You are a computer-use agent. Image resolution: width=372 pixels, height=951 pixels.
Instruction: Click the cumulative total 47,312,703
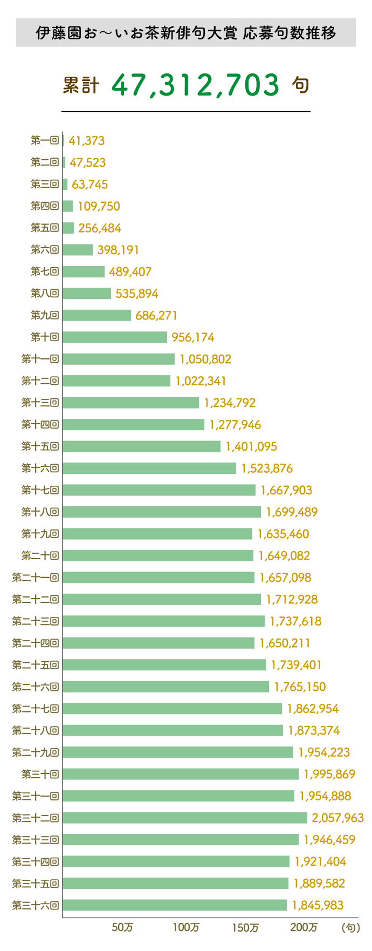pyautogui.click(x=196, y=85)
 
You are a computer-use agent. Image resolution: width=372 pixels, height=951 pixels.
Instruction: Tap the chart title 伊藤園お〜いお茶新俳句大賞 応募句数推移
pyautogui.click(x=186, y=33)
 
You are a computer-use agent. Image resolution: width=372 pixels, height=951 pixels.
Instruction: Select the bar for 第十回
pyautogui.click(x=115, y=337)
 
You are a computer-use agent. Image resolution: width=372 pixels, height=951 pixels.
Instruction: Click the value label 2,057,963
pyautogui.click(x=337, y=818)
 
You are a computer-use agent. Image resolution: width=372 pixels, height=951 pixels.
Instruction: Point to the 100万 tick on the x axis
pyautogui.click(x=186, y=927)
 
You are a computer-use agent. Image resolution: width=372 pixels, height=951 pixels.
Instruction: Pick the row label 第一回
pyautogui.click(x=45, y=141)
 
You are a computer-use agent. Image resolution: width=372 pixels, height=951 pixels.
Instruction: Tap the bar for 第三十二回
pyautogui.click(x=185, y=818)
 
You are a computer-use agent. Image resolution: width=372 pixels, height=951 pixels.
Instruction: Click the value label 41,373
pyautogui.click(x=87, y=141)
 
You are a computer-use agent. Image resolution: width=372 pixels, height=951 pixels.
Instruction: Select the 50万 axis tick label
pyautogui.click(x=122, y=927)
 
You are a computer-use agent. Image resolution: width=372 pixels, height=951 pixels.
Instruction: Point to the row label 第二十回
pyautogui.click(x=40, y=556)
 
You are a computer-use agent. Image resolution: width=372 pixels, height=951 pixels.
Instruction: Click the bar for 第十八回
pyautogui.click(x=162, y=512)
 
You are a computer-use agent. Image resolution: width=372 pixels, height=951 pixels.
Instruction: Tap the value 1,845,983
pyautogui.click(x=318, y=905)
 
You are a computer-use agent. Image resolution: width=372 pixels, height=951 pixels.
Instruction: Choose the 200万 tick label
pyautogui.click(x=304, y=927)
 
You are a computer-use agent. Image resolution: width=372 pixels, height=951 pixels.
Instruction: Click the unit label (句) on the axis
pyautogui.click(x=350, y=927)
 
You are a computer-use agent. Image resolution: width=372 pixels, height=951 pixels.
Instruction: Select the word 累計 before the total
pyautogui.click(x=81, y=85)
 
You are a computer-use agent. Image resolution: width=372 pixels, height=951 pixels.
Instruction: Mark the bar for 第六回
pyautogui.click(x=78, y=250)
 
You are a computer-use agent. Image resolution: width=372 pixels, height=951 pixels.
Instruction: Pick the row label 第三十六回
pyautogui.click(x=36, y=905)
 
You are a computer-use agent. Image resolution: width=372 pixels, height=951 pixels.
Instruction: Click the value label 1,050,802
pyautogui.click(x=205, y=359)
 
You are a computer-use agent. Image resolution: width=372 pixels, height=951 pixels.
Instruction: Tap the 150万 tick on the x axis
pyautogui.click(x=245, y=927)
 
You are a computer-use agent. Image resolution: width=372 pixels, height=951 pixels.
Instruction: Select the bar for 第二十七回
pyautogui.click(x=172, y=709)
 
